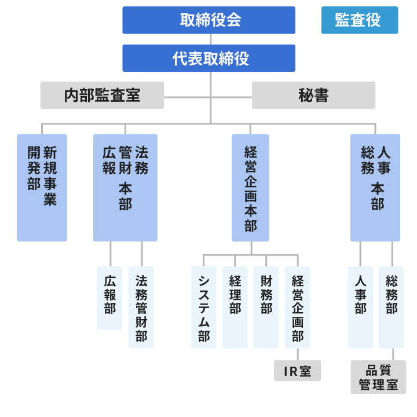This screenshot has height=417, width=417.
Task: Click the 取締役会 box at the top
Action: [x=209, y=20]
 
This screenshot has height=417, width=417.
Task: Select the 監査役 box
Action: [x=359, y=20]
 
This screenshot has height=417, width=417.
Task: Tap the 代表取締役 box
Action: [x=209, y=58]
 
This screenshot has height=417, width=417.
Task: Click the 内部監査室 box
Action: [x=102, y=95]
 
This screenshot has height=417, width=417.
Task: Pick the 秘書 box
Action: [x=313, y=95]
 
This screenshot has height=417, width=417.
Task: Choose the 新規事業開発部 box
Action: [x=42, y=188]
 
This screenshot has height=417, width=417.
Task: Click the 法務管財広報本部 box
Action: [x=125, y=188]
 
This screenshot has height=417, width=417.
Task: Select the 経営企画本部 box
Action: [x=250, y=188]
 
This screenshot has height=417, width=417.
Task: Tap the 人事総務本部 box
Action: [x=375, y=188]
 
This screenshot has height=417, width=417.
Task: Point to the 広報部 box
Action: [x=109, y=298]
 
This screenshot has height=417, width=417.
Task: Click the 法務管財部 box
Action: [x=141, y=307]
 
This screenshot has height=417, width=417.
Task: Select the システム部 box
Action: [x=203, y=307]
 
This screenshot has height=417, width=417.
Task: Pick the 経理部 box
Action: [x=235, y=307]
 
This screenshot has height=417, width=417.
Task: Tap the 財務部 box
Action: [x=266, y=307]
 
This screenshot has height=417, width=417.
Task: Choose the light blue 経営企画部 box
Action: [x=297, y=307]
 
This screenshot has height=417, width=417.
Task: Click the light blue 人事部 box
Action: [x=360, y=307]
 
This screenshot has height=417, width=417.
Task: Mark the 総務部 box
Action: [x=392, y=307]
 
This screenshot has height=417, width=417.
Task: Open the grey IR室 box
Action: [x=297, y=371]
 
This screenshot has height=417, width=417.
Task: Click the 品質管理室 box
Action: [x=378, y=377]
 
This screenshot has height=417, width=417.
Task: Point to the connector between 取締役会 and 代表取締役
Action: [x=210, y=39]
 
